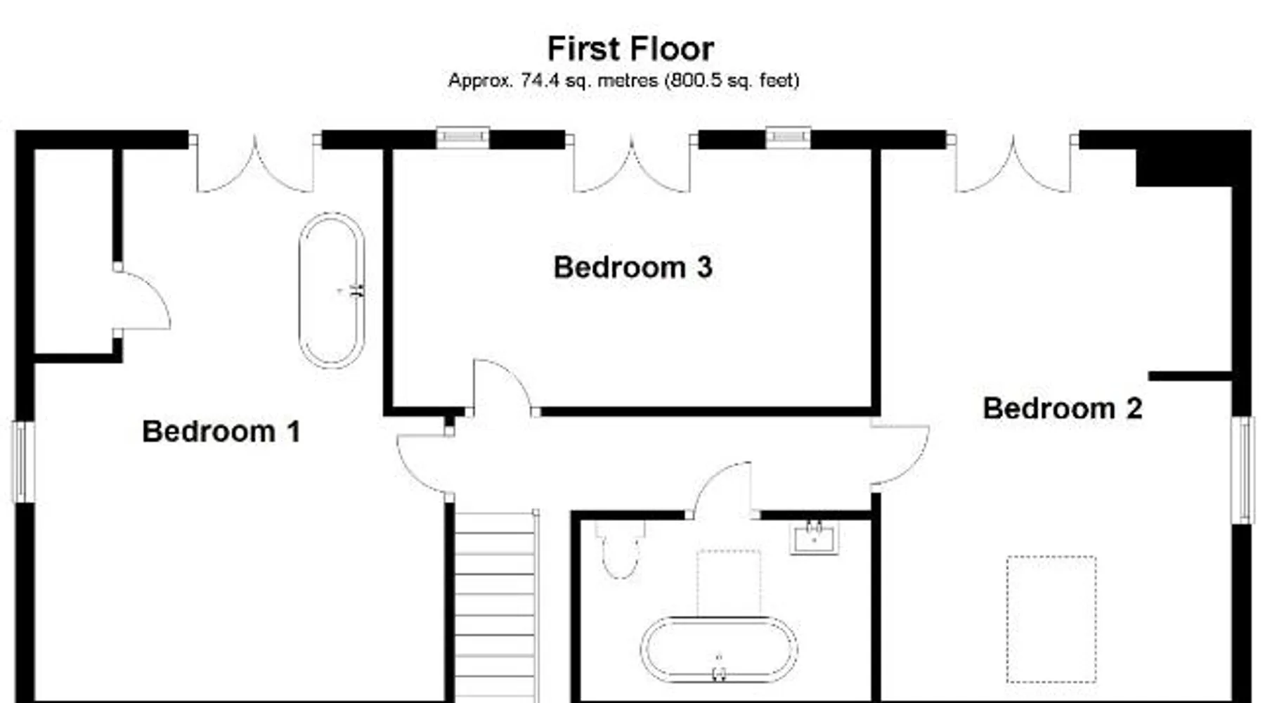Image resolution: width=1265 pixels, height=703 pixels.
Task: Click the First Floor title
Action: pyautogui.click(x=630, y=49)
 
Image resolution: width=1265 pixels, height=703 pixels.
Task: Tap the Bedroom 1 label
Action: pyautogui.click(x=221, y=431)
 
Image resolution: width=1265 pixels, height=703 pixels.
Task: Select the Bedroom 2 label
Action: pyautogui.click(x=1062, y=408)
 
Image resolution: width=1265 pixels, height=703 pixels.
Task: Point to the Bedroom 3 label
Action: pyautogui.click(x=632, y=267)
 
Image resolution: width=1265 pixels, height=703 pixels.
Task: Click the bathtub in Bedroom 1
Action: pyautogui.click(x=332, y=290)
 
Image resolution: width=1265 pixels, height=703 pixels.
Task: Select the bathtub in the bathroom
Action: pyautogui.click(x=718, y=650)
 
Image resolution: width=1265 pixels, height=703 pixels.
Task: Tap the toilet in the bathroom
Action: pyautogui.click(x=620, y=549)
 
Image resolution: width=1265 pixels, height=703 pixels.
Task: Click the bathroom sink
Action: pyautogui.click(x=814, y=538)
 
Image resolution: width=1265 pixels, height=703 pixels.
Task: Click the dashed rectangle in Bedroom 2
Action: pyautogui.click(x=1051, y=619)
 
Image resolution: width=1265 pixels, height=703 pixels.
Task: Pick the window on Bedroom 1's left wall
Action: pyautogui.click(x=24, y=462)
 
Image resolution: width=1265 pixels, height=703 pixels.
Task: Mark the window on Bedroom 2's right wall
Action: pyautogui.click(x=1243, y=470)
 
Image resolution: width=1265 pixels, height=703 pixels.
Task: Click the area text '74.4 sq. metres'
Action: pyautogui.click(x=588, y=81)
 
